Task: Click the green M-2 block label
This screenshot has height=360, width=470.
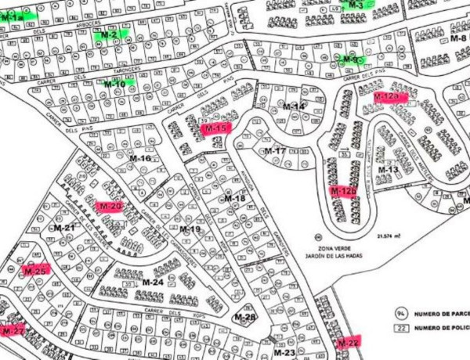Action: tap(109, 35)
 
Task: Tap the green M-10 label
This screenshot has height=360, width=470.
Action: tap(117, 83)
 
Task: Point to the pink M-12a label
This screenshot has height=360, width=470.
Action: tap(387, 97)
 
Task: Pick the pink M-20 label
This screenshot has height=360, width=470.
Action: tap(109, 207)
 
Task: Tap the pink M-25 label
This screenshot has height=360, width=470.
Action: tap(35, 270)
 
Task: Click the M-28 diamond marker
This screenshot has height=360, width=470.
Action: tap(245, 317)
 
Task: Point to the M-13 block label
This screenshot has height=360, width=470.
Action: tap(389, 169)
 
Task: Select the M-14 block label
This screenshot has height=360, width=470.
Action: tap(294, 106)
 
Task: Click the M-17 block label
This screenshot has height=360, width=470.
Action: tap(275, 150)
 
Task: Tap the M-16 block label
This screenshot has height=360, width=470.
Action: tap(139, 158)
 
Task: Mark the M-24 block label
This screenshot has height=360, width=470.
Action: tap(153, 282)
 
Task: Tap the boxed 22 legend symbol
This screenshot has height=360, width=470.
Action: tap(399, 328)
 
